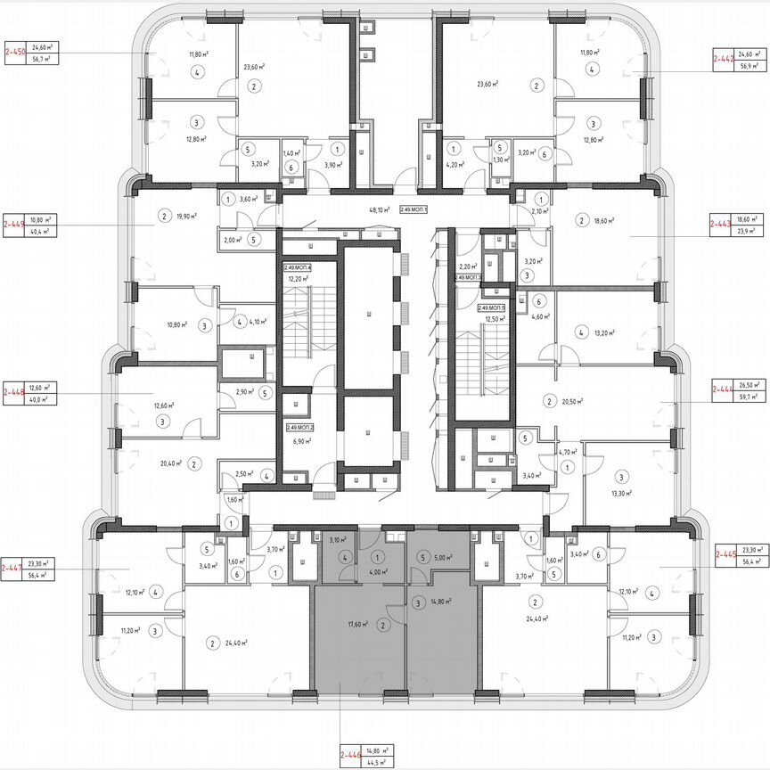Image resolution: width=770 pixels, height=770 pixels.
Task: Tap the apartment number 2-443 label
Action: tap(720, 224)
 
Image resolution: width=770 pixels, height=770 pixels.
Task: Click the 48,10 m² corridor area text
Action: tap(380, 210)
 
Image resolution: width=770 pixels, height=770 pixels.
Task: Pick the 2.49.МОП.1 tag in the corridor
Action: tap(414, 210)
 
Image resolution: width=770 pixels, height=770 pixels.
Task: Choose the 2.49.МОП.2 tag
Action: tap(298, 428)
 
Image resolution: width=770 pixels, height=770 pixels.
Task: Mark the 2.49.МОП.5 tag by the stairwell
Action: tap(491, 307)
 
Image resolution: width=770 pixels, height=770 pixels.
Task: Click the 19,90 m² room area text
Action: tap(186, 216)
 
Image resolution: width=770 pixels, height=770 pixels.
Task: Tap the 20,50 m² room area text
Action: tap(571, 402)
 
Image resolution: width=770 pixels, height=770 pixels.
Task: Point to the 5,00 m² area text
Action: tap(443, 558)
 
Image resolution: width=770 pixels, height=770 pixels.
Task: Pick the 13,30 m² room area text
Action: tap(620, 492)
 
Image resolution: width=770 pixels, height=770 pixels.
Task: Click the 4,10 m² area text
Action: tap(258, 322)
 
